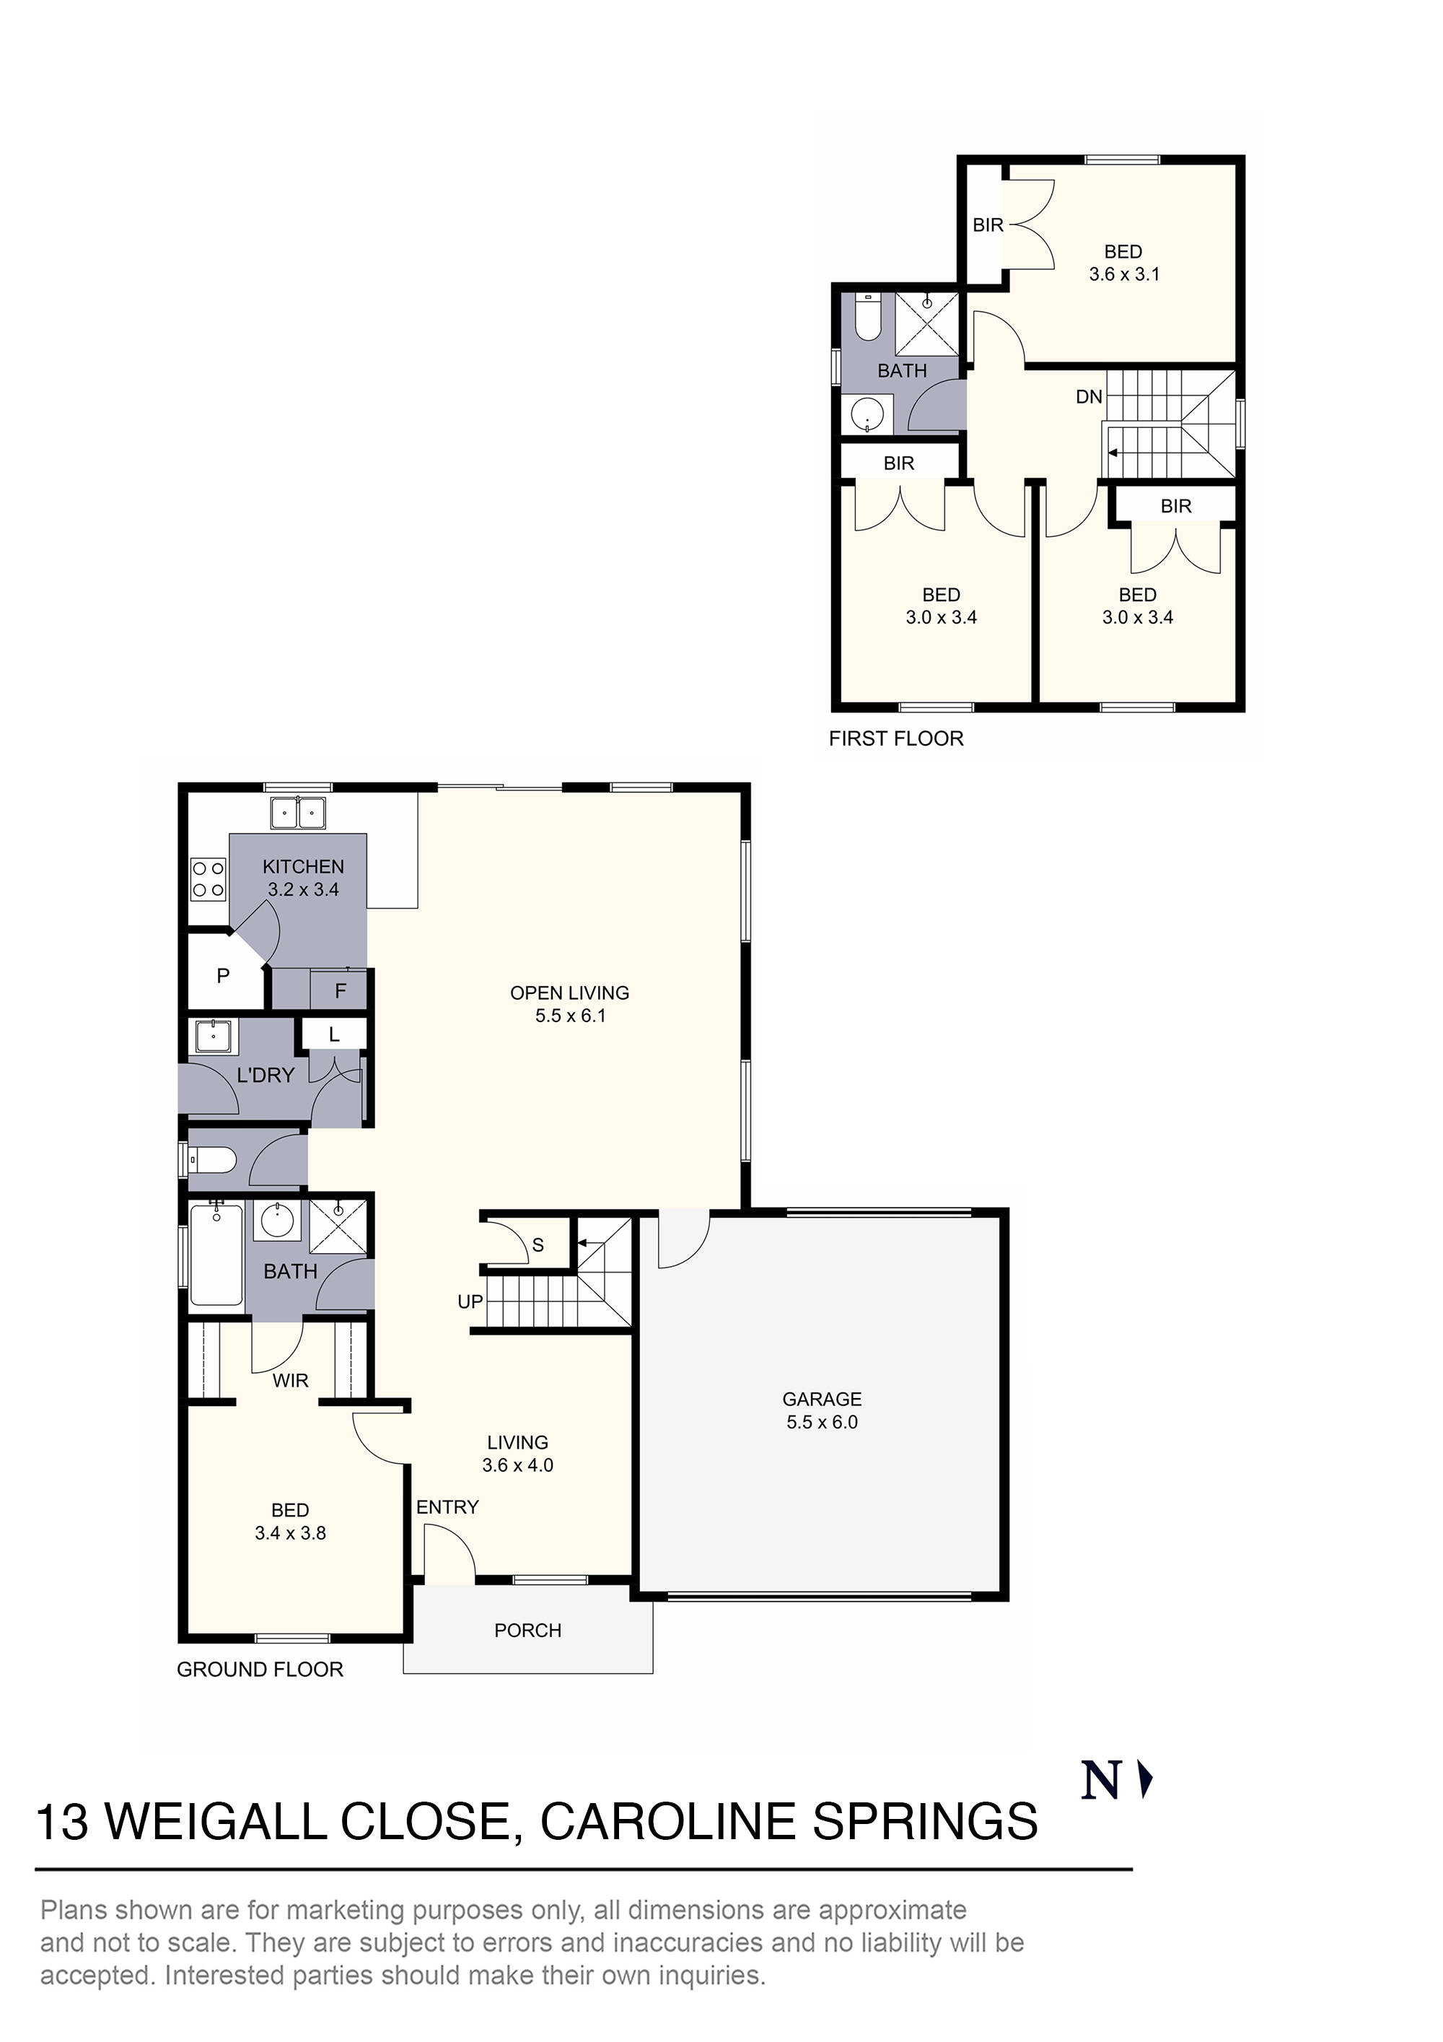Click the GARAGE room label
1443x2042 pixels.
[822, 1399]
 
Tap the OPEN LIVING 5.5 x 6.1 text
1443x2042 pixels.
[569, 1004]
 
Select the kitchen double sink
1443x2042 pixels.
[298, 813]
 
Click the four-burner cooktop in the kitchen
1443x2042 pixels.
[208, 878]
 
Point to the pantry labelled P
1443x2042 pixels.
[223, 977]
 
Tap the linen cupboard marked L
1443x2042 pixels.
[334, 1034]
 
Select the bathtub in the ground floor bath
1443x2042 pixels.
[216, 1253]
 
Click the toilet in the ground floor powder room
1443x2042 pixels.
[214, 1160]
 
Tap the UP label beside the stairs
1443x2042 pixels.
[470, 1302]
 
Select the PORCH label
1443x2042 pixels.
[527, 1631]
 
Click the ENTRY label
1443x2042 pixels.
[447, 1506]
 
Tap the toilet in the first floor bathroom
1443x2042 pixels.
[867, 318]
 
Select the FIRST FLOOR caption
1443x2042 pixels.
[895, 738]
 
